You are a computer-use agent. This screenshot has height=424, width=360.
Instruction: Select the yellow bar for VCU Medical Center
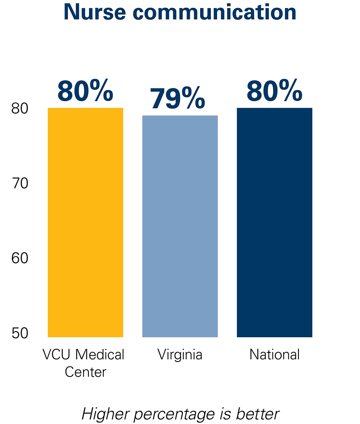click(x=85, y=222)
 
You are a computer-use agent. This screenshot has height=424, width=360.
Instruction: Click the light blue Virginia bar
click(x=180, y=226)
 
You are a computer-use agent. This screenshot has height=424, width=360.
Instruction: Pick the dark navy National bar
click(x=274, y=222)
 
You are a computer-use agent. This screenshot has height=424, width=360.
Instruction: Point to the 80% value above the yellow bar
click(x=85, y=91)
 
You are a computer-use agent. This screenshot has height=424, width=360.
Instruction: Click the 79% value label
click(x=178, y=99)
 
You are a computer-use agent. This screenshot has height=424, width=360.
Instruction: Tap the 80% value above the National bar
click(x=274, y=91)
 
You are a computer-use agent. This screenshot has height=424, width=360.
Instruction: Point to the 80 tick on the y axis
click(x=19, y=108)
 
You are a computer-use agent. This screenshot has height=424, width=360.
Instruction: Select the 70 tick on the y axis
click(x=19, y=184)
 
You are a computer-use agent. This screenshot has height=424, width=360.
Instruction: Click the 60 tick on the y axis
click(x=19, y=258)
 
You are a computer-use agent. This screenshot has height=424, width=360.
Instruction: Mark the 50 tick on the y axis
click(x=19, y=333)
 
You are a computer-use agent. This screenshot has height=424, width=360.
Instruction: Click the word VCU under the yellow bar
click(x=56, y=355)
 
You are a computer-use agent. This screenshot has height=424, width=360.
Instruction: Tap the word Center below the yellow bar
click(x=85, y=372)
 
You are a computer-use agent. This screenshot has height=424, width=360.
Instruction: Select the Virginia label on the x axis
click(x=180, y=355)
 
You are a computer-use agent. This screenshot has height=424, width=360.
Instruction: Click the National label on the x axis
click(x=274, y=355)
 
